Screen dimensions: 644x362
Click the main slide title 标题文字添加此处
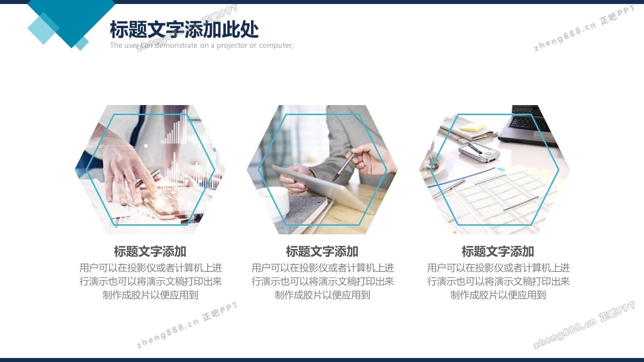coord(184,29)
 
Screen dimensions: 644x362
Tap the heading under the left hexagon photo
coord(150,251)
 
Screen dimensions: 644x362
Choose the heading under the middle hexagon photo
coord(322,251)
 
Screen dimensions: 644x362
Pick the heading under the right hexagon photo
coord(498,251)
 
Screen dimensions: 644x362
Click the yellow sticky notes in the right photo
coord(472,127)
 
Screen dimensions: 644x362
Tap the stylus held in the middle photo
coord(344,166)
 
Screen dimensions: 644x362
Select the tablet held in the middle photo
coord(322,187)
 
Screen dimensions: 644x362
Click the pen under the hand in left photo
coord(147,178)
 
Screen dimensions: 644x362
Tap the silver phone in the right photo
coord(478,152)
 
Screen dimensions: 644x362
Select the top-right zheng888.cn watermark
coord(584,28)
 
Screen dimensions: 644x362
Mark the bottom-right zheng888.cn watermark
coord(584,325)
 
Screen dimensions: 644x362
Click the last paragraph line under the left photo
coord(150,295)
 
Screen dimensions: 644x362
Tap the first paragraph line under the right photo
coord(498,268)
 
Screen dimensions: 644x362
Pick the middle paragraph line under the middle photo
coord(323,282)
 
